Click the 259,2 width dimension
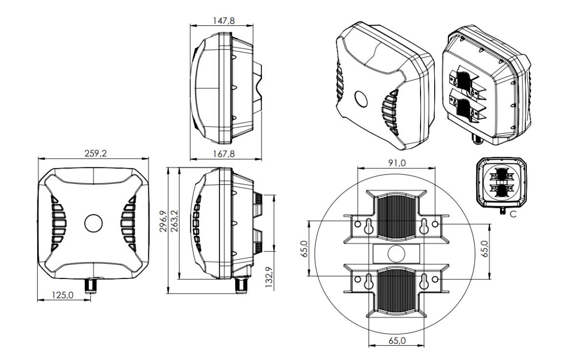(96, 153)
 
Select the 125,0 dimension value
(63, 295)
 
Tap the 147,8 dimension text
(224, 21)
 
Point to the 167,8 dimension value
(224, 154)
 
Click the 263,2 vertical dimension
(175, 221)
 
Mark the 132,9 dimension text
(269, 277)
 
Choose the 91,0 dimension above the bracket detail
(397, 163)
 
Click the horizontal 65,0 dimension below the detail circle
(397, 340)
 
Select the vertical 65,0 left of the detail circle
(304, 249)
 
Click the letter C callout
(513, 214)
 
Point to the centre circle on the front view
(93, 223)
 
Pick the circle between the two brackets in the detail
(397, 254)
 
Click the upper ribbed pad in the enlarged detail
(397, 217)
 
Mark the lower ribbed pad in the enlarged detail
(397, 291)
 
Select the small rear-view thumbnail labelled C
(502, 183)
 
